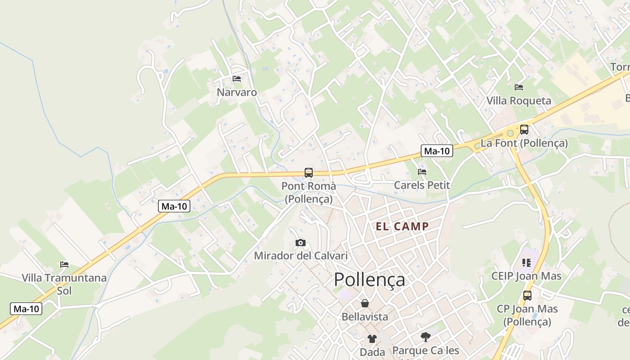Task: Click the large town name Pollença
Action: (369, 279)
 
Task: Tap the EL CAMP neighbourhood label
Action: (402, 226)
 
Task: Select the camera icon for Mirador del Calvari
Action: (301, 243)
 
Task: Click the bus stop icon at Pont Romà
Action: (309, 172)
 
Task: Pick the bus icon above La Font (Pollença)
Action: (524, 130)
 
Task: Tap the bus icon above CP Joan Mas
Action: (527, 296)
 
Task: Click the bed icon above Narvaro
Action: (237, 79)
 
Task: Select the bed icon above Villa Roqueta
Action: (519, 87)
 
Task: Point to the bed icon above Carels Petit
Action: (422, 171)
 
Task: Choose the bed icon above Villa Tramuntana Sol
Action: (64, 265)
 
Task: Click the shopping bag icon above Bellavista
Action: (365, 303)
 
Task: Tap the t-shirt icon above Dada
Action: (372, 338)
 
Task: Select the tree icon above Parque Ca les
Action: (425, 337)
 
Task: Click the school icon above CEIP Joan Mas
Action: (526, 262)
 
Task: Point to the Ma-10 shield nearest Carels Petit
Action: (436, 151)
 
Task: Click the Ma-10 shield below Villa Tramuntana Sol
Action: (26, 309)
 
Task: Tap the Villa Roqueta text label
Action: (518, 101)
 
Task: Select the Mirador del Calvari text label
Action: (301, 256)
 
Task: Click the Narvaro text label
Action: (237, 93)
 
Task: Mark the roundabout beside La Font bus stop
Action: (510, 133)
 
